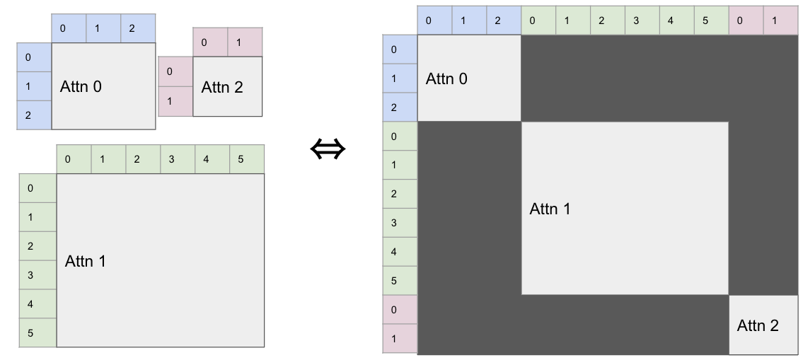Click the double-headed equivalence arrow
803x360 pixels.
[x=328, y=149]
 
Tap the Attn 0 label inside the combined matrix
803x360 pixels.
[x=446, y=79]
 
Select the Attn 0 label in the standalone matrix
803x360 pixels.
[x=81, y=87]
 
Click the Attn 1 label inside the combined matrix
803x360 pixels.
[x=550, y=209]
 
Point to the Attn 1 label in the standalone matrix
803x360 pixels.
[x=85, y=261]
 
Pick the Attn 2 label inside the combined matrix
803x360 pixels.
[x=758, y=325]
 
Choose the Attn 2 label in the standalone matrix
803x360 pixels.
[x=222, y=88]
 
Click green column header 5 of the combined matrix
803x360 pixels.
[x=705, y=21]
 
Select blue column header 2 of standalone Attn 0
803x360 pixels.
[x=132, y=29]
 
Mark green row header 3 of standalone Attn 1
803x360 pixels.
[x=30, y=275]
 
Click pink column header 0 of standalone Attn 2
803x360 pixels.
[x=204, y=42]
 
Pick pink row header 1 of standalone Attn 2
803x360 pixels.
[x=169, y=101]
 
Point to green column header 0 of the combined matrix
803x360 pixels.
[x=532, y=21]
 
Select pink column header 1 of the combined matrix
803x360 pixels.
[x=774, y=21]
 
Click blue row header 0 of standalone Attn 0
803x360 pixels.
[x=28, y=57]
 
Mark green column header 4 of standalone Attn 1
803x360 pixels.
[x=206, y=159]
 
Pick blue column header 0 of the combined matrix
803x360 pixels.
[x=428, y=21]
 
